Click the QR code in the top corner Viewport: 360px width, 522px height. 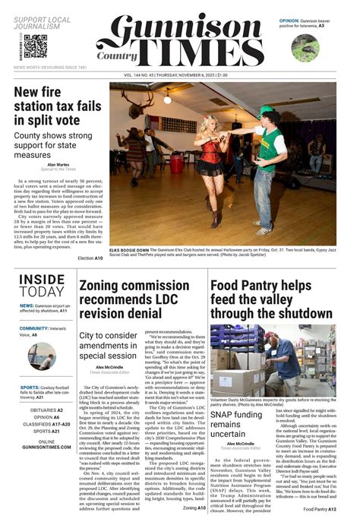click(x=36, y=46)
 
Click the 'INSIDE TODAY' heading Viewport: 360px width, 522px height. click(x=42, y=286)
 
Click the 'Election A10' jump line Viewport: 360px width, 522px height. click(x=90, y=258)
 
